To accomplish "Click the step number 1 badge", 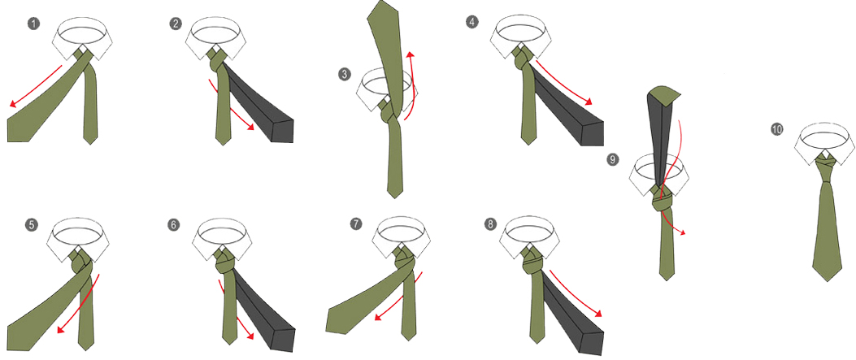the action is coord(33,24).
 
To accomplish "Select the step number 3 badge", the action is coord(344,75).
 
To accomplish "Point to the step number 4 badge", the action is coord(471,23).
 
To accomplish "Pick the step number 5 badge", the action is coord(33,224).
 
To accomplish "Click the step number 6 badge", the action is coord(175,224).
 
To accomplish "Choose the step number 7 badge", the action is coord(356,223).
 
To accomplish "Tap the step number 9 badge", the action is coord(613,159).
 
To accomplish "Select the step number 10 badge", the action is coord(777,129).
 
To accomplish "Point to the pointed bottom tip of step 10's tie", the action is coord(827,281).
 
